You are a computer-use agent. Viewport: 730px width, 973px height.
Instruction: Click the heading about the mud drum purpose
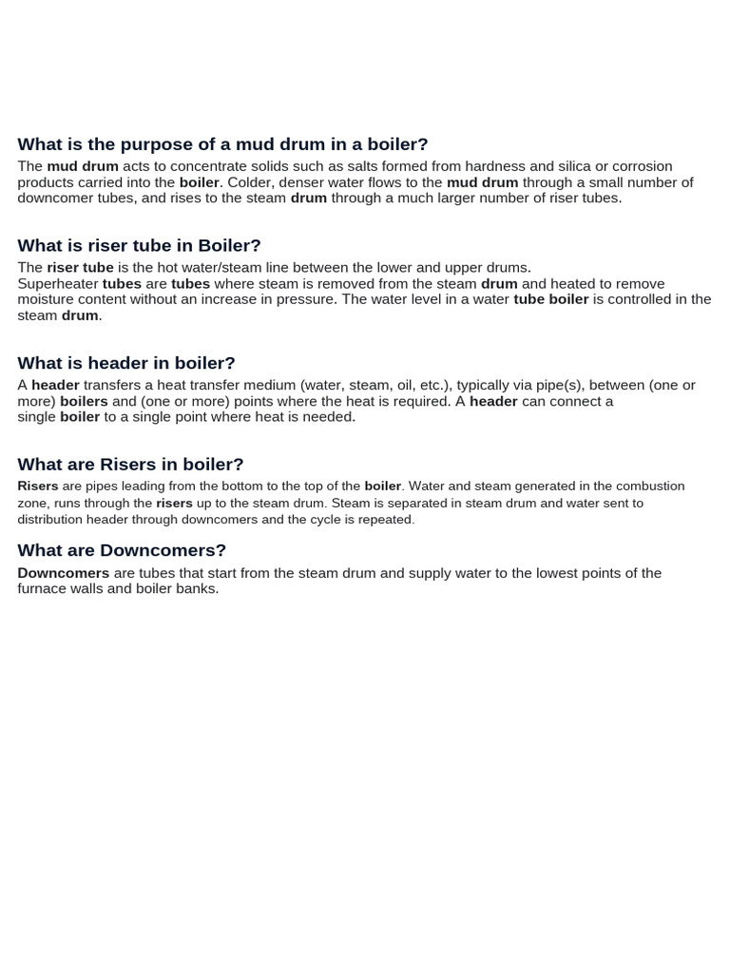pyautogui.click(x=222, y=144)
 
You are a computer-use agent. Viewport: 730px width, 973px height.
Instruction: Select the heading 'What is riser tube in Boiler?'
pyautogui.click(x=139, y=246)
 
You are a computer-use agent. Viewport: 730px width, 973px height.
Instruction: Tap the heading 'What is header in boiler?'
pyautogui.click(x=126, y=363)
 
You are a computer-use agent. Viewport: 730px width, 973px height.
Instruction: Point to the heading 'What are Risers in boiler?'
pyautogui.click(x=130, y=465)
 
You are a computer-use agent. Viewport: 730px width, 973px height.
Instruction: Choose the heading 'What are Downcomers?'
pyautogui.click(x=122, y=550)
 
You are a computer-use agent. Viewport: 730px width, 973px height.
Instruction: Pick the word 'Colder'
pyautogui.click(x=250, y=182)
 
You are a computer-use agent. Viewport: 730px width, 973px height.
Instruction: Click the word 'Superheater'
pyautogui.click(x=58, y=284)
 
